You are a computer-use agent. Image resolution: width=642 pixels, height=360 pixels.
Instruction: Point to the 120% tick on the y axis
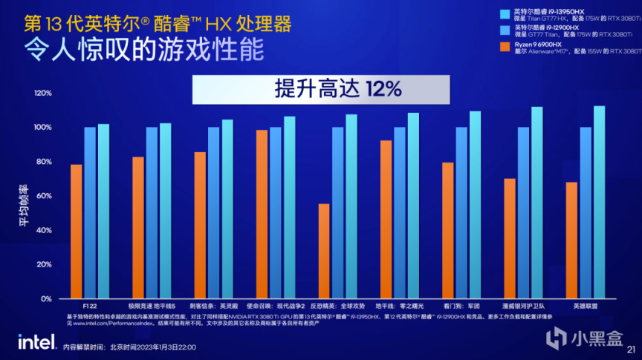pos(42,93)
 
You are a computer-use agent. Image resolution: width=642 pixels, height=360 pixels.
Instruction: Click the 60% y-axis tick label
pos(43,196)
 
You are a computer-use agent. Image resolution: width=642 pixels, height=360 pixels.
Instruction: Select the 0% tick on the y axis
pos(45,298)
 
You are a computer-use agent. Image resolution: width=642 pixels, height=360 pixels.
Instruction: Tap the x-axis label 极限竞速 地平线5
pos(152,306)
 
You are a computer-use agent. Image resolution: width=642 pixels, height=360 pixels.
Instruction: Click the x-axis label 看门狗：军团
pos(461,306)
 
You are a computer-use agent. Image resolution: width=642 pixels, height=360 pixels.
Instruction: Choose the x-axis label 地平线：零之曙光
pos(399,306)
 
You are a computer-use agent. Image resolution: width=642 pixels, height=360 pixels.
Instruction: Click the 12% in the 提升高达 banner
pos(383,90)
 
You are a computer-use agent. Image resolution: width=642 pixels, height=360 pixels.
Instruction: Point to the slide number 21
pos(632,349)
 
